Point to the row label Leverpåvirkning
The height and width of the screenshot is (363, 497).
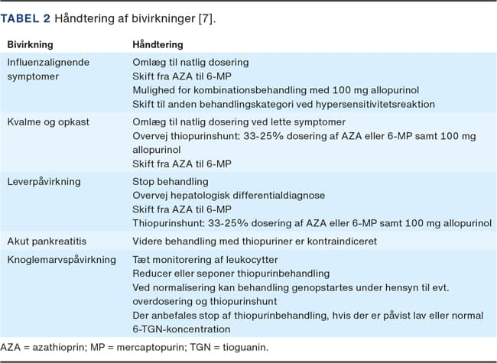click(44, 181)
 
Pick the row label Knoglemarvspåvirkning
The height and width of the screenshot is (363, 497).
click(62, 260)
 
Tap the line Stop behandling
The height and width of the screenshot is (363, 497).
click(171, 181)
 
